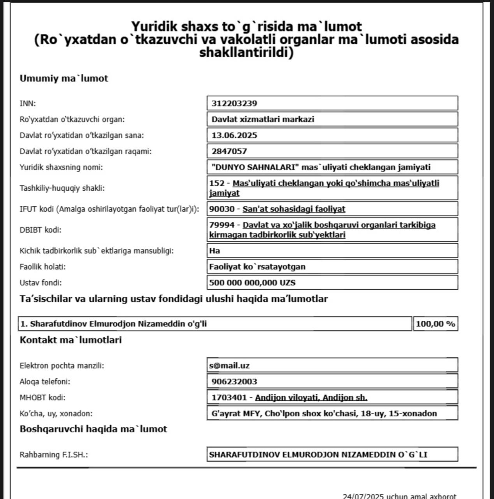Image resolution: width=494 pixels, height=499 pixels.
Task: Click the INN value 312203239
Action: (234, 103)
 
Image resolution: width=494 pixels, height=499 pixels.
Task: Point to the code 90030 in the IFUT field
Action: (222, 209)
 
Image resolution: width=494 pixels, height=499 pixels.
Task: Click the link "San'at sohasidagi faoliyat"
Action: (294, 209)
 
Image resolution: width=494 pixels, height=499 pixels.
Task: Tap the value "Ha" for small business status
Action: (214, 251)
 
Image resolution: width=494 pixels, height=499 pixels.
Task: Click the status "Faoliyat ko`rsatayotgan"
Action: (257, 267)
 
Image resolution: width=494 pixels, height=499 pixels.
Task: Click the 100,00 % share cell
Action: (435, 324)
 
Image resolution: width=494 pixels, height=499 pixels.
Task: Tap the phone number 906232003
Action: (234, 382)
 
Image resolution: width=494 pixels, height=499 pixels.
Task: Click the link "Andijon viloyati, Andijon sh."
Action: (311, 398)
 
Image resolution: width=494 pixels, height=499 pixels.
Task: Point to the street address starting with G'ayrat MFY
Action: (324, 414)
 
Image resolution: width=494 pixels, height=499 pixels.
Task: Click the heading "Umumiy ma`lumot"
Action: (64, 78)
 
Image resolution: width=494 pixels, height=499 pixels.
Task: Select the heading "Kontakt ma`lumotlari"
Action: (70, 340)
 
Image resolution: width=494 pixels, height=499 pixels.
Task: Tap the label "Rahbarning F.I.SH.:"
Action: (54, 455)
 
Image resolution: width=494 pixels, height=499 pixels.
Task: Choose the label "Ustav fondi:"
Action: (40, 283)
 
